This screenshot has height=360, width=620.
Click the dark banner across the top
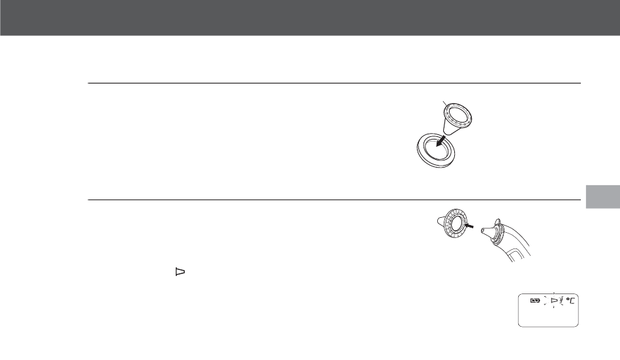coord(310,18)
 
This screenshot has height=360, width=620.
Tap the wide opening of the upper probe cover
coord(465,115)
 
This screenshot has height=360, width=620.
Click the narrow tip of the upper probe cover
coord(448,133)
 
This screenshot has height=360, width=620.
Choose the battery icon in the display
coord(536,301)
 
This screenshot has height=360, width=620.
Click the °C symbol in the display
coord(572,301)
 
